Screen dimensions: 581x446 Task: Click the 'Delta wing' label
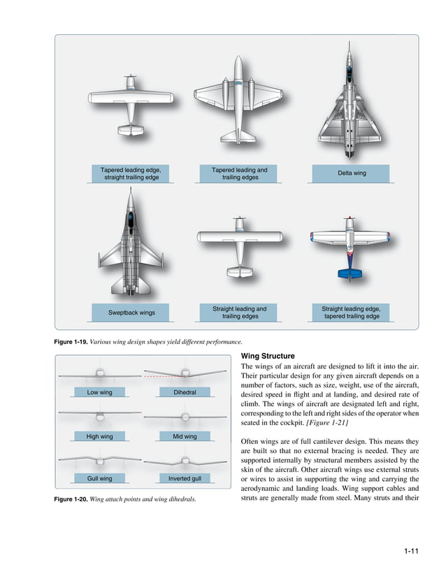tap(352, 173)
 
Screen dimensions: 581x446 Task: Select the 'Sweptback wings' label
tap(131, 312)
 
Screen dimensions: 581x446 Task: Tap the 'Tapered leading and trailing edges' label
tap(240, 173)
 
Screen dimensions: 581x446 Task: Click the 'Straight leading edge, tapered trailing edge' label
tap(351, 312)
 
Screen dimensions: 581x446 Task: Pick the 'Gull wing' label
tap(99, 479)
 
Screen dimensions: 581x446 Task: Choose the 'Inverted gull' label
tap(185, 479)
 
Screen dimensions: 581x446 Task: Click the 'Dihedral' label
tap(185, 392)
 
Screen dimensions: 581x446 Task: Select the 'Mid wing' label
tap(185, 436)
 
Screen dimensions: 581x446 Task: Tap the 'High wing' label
tap(99, 436)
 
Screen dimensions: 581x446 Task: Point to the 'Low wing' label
tap(99, 392)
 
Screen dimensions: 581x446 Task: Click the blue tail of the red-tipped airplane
tap(349, 273)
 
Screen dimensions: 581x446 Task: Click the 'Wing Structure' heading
tap(268, 356)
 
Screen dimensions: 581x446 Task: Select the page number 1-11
tap(410, 552)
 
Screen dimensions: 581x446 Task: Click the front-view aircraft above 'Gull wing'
tap(99, 461)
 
